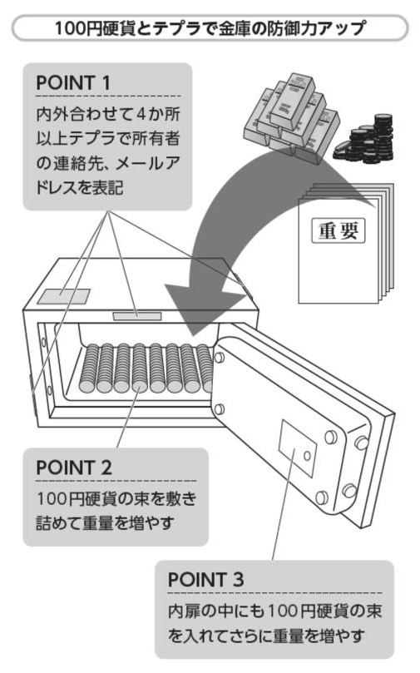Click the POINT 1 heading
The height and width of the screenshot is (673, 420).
pyautogui.click(x=73, y=83)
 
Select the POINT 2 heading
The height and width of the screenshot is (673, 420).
pyautogui.click(x=74, y=468)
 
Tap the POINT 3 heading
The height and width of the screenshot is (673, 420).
pyautogui.click(x=205, y=580)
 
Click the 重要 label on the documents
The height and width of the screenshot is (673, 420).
pyautogui.click(x=338, y=231)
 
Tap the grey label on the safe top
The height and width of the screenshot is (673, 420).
pyautogui.click(x=63, y=296)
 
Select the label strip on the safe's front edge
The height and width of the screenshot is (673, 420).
pyautogui.click(x=137, y=316)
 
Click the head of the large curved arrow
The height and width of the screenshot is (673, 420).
pyautogui.click(x=201, y=307)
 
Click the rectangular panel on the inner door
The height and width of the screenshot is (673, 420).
pyautogui.click(x=298, y=448)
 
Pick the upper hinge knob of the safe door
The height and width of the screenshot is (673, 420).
pyautogui.click(x=219, y=358)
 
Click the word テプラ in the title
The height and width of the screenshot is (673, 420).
pyautogui.click(x=176, y=28)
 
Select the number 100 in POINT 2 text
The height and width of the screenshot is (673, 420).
pyautogui.click(x=51, y=499)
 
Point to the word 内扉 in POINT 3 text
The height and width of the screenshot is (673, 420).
pyautogui.click(x=184, y=611)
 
